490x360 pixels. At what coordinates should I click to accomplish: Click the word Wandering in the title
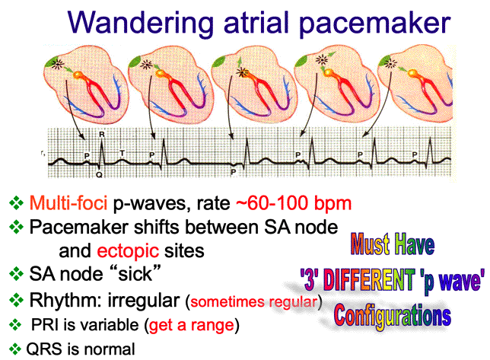pos(140,23)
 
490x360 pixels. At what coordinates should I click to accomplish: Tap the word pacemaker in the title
pos(374,23)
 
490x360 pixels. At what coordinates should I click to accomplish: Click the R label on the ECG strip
pos(102,135)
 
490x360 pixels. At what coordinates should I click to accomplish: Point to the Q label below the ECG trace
pos(99,175)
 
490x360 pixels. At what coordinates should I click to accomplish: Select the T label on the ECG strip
pos(123,153)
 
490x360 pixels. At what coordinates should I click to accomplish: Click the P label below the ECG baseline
pos(233,172)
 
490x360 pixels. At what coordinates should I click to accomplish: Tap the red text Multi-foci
pos(68,202)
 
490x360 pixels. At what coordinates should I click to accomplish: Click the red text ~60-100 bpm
pos(294,202)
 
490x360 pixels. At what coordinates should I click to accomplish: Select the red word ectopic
pos(128,251)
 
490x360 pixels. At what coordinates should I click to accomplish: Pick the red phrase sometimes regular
pos(254,302)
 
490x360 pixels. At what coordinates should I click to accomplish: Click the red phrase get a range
pos(192,325)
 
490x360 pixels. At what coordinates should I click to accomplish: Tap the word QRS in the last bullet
pos(44,349)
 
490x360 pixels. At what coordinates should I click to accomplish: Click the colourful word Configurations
pos(392,317)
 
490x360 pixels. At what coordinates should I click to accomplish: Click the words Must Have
pos(393,244)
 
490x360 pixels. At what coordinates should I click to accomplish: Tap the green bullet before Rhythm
pos(16,301)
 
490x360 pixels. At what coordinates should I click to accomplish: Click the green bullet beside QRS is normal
pos(14,349)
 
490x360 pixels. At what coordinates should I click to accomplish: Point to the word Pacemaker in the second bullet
pos(79,227)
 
